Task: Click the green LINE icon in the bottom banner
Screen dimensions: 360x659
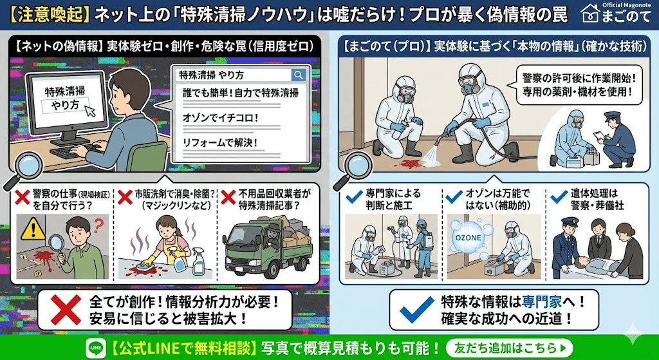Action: click(95, 348)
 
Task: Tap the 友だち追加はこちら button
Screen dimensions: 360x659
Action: click(508, 348)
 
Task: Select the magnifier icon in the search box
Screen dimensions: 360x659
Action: click(298, 75)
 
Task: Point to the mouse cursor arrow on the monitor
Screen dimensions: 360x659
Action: click(90, 110)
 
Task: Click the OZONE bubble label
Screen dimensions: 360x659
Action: click(468, 237)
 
